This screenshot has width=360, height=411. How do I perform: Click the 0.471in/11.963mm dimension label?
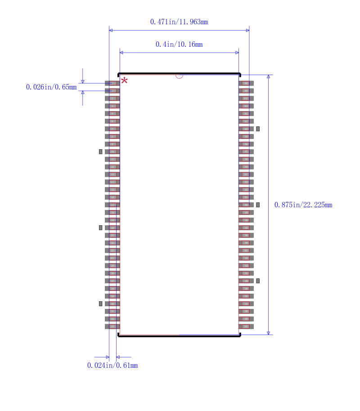click(x=179, y=22)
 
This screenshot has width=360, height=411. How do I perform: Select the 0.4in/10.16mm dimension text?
click(x=179, y=44)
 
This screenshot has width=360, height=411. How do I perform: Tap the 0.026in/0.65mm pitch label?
click(x=51, y=87)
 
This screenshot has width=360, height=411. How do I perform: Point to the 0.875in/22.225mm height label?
click(x=303, y=205)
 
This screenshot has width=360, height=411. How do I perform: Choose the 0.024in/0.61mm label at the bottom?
click(x=112, y=365)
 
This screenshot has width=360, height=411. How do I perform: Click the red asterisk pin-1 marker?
click(x=124, y=81)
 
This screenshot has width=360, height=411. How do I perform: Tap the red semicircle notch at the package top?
click(x=179, y=76)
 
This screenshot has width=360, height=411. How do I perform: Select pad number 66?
click(x=246, y=83)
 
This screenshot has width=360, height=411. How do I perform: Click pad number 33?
click(x=112, y=326)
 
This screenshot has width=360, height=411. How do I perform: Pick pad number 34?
click(x=246, y=326)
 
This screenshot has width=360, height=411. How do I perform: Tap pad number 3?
click(x=112, y=98)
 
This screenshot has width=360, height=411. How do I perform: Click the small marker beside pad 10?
click(x=101, y=152)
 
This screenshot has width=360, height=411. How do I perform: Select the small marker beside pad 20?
click(x=101, y=228)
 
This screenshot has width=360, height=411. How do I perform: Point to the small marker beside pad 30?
click(x=101, y=304)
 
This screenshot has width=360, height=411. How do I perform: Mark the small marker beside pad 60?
click(x=258, y=129)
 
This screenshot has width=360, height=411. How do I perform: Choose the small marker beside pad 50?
click(x=258, y=205)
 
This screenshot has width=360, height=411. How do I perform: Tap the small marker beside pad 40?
click(x=258, y=281)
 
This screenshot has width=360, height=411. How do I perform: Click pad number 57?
click(x=246, y=152)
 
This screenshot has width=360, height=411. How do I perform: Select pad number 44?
click(x=246, y=250)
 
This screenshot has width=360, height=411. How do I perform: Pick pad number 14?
click(x=112, y=182)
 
